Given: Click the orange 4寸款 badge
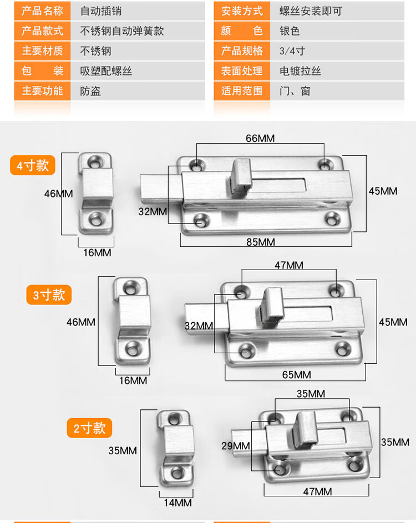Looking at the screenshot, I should [33, 165].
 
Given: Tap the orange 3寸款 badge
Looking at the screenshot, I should [49, 294].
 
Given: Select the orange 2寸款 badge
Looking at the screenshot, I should [89, 428].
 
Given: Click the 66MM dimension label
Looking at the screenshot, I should [260, 138].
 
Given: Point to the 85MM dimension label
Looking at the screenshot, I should [260, 242].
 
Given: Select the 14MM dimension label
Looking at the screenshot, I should [177, 502].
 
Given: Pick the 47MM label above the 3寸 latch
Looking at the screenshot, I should [288, 265].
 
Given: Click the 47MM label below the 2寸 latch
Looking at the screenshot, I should [317, 491].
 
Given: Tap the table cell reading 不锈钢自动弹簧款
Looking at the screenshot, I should [122, 31].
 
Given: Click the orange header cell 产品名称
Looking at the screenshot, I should [42, 11].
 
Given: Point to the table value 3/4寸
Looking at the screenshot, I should [292, 51].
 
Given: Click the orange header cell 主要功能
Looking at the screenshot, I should [42, 91].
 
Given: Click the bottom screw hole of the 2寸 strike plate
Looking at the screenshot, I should [177, 473].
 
